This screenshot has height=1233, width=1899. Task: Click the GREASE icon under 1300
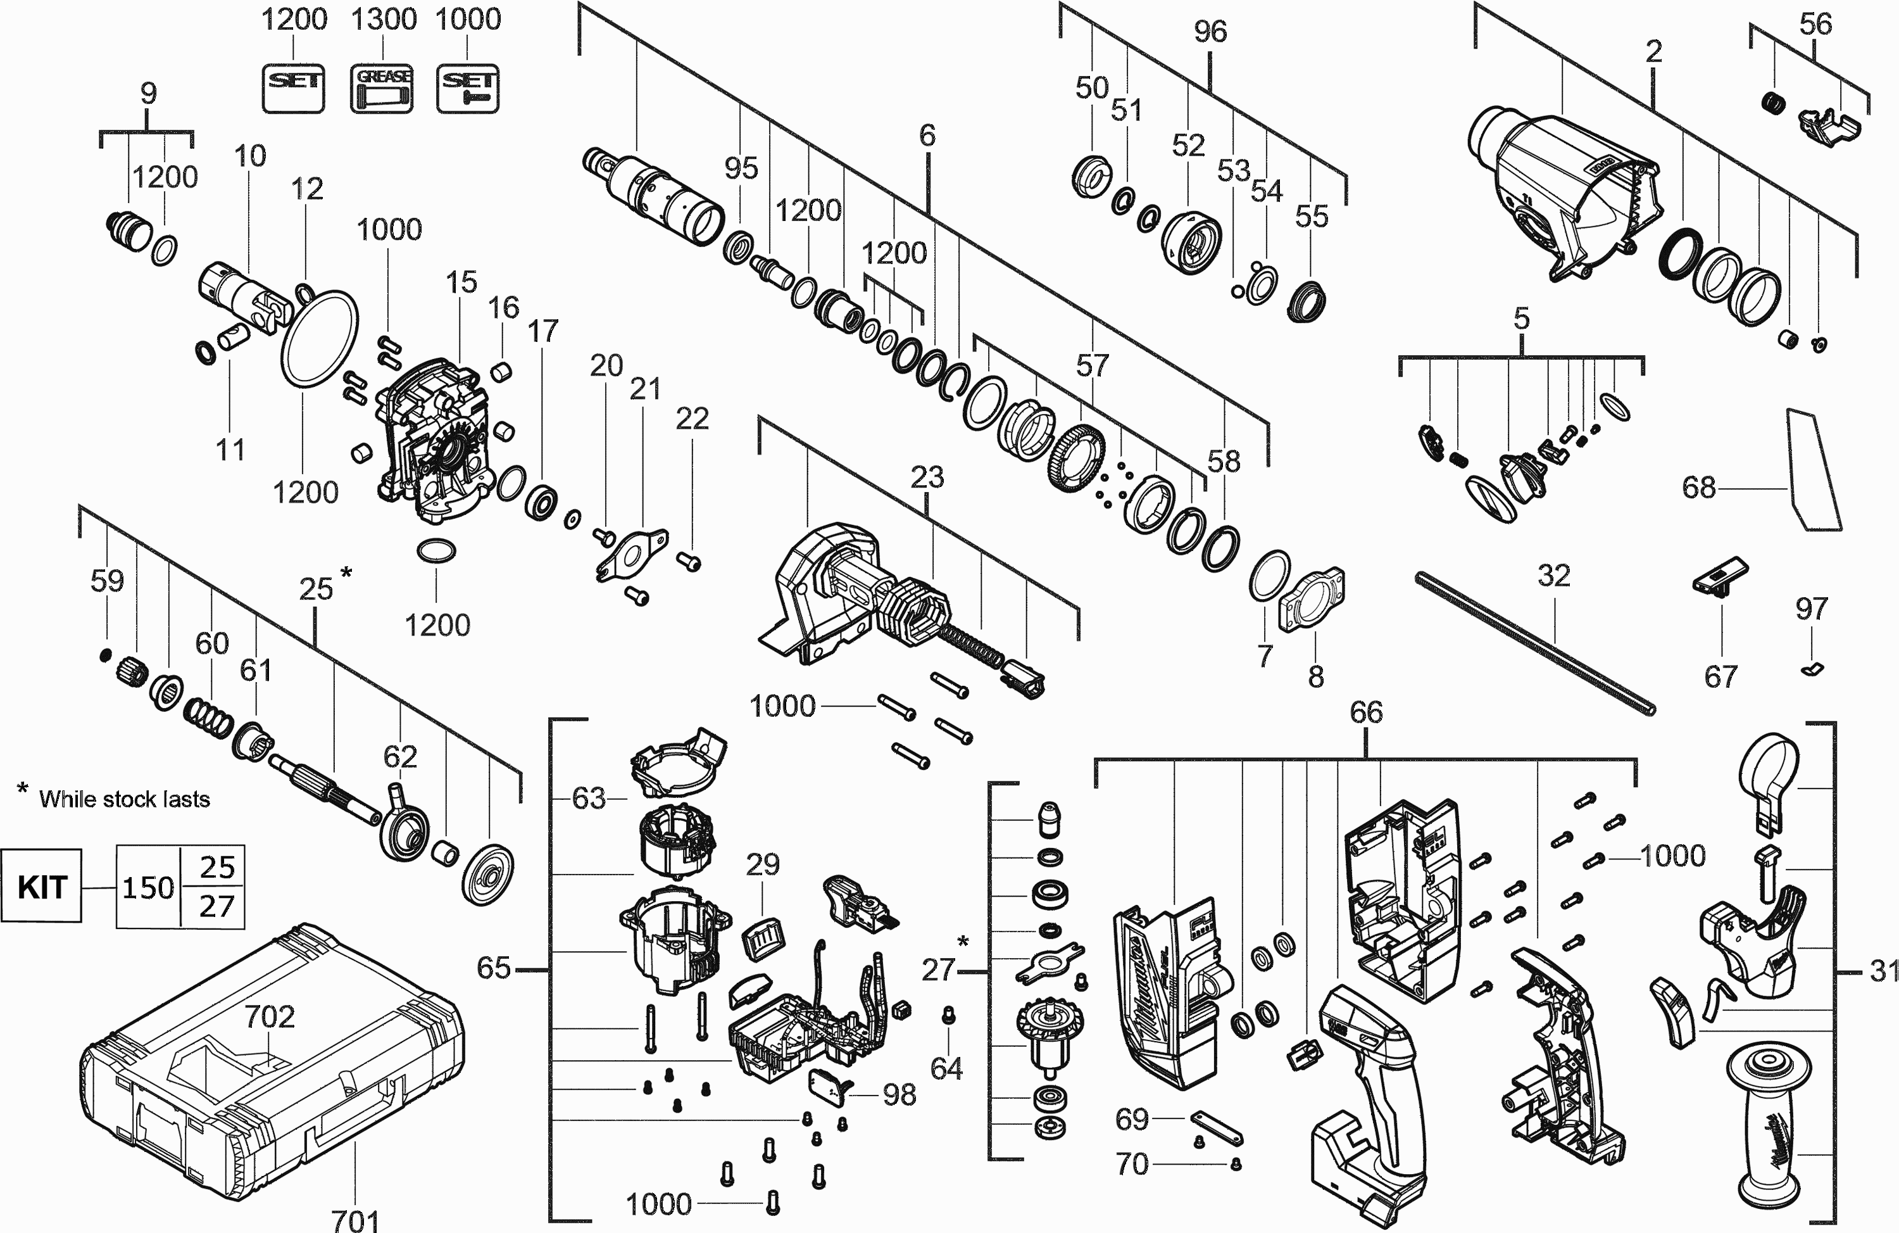point(382,89)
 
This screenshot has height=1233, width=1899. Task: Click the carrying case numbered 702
point(272,1077)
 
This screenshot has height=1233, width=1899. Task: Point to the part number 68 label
point(1698,487)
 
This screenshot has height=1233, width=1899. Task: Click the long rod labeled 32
point(1536,642)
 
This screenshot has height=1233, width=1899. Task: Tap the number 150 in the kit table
point(147,887)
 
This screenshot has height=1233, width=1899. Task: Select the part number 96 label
point(1210,32)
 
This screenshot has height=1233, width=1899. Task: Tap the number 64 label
point(946,1068)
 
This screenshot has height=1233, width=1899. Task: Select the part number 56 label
point(1815,24)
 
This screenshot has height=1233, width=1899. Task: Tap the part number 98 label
point(899,1095)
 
